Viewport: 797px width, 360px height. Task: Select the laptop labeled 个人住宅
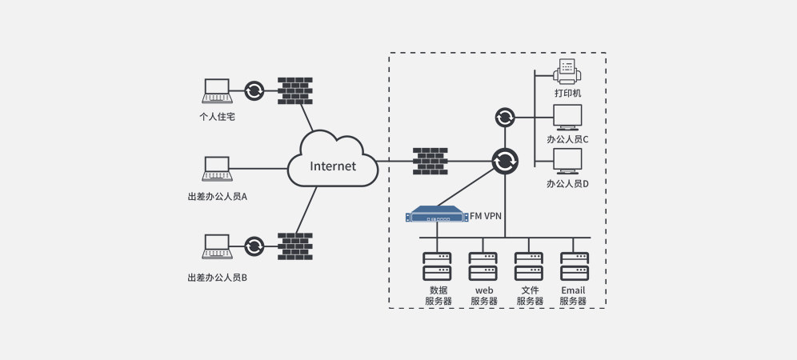216,90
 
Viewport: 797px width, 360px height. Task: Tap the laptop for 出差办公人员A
216,169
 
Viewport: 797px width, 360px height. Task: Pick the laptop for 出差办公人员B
216,246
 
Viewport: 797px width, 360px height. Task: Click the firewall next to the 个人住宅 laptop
294,90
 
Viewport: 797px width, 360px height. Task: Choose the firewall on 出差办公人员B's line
294,246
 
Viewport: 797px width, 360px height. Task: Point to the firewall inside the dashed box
430,161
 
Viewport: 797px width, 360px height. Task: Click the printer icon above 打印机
567,73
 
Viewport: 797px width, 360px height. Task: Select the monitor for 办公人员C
567,118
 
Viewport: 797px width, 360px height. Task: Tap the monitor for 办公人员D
567,162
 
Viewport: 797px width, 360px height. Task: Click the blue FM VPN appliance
437,215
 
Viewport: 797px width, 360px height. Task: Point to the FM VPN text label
485,215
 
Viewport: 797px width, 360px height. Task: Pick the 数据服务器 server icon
437,266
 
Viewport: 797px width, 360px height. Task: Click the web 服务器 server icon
483,266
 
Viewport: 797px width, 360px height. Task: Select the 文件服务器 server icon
529,266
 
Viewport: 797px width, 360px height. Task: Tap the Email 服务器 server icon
574,266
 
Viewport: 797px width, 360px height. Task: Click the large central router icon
505,162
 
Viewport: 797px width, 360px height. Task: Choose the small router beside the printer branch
505,118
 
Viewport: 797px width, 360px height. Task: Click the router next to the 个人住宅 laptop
254,90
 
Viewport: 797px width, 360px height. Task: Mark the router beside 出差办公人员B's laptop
254,246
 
